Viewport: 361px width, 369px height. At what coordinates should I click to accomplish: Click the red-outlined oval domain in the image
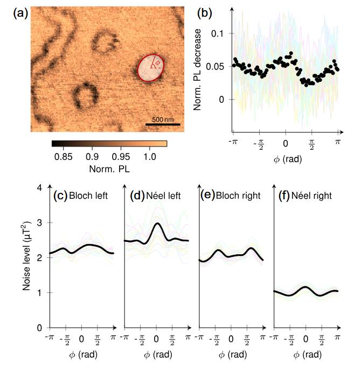pos(149,68)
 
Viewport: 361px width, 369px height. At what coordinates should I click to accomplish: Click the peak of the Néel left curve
pos(157,223)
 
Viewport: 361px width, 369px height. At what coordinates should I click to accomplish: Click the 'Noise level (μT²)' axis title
pos(26,257)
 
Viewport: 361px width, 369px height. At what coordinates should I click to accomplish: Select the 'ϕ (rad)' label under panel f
pos(306,356)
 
